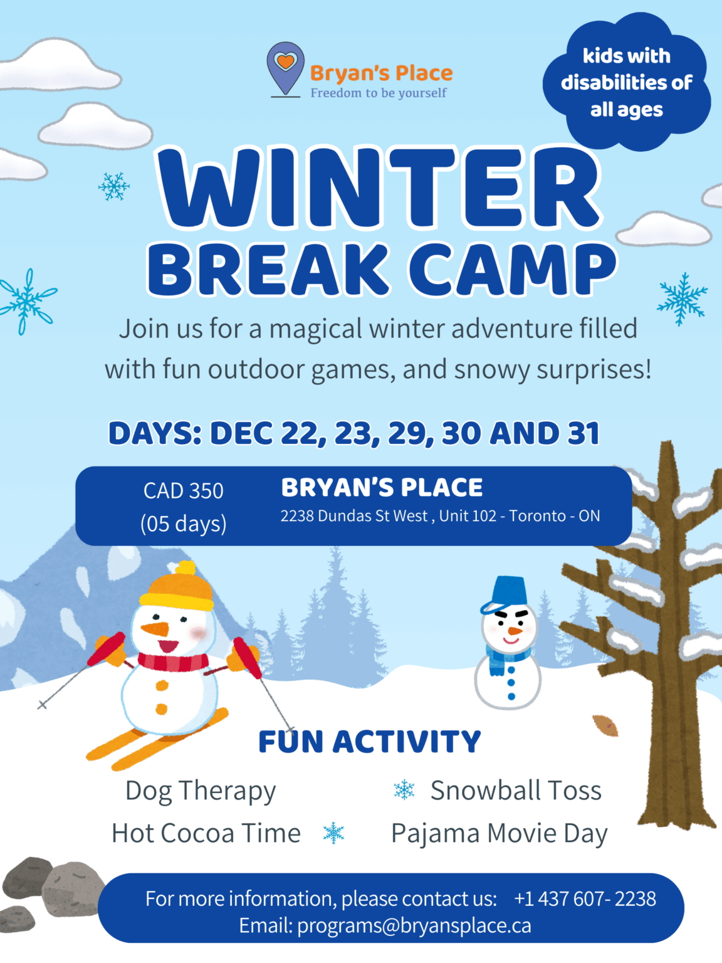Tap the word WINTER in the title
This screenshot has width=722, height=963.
pyautogui.click(x=380, y=187)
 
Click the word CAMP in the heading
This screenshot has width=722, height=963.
pyautogui.click(x=513, y=270)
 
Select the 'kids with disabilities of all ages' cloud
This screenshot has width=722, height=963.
pyautogui.click(x=626, y=82)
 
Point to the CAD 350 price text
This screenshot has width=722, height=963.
pyautogui.click(x=183, y=491)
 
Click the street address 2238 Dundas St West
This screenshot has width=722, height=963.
pyautogui.click(x=354, y=516)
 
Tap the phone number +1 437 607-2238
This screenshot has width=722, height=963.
pyautogui.click(x=585, y=898)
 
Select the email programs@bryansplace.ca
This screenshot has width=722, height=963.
pyautogui.click(x=414, y=925)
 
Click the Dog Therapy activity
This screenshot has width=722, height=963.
pyautogui.click(x=201, y=791)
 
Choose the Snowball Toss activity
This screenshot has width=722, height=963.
pyautogui.click(x=515, y=791)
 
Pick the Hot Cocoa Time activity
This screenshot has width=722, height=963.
pyautogui.click(x=206, y=833)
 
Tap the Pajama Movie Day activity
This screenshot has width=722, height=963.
pyautogui.click(x=500, y=834)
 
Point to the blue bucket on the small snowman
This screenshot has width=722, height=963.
pyautogui.click(x=509, y=592)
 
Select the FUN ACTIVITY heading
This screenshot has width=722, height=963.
pyautogui.click(x=370, y=742)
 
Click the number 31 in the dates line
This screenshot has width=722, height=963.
pyautogui.click(x=583, y=433)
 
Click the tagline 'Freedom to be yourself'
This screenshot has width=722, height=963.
pyautogui.click(x=379, y=93)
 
